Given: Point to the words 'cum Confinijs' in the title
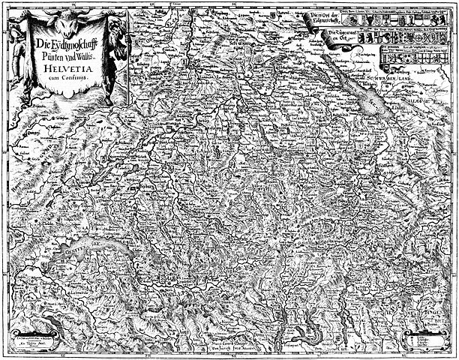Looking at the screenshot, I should tap(70, 76).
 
